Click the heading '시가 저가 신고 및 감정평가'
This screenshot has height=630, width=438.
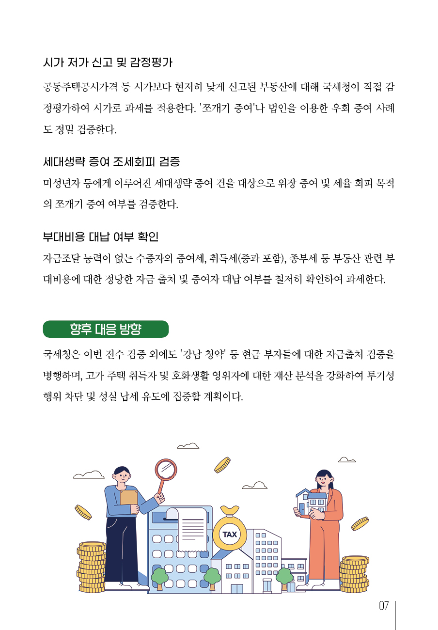108,63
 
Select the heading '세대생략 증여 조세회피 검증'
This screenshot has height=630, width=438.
111,162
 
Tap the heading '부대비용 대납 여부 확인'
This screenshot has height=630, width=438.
101,237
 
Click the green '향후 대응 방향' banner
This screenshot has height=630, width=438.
106,329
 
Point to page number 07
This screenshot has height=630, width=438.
384,606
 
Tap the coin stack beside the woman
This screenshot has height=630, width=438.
354,574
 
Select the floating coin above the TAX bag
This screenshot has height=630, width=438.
222,465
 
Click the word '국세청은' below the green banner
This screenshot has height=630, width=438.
62,354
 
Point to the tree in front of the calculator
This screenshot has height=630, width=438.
159,579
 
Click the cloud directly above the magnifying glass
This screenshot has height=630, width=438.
188,446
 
